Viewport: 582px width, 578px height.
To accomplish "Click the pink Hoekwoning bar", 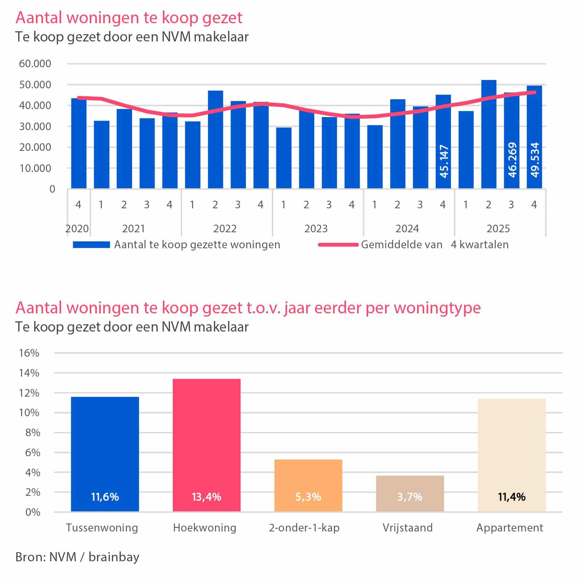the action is click(x=206, y=445).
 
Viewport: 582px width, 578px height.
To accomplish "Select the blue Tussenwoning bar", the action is click(x=105, y=454).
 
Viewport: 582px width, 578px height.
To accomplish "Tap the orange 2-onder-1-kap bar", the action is click(x=308, y=486).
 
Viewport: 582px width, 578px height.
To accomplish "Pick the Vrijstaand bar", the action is click(x=410, y=494).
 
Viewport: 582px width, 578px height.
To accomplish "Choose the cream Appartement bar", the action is click(x=511, y=455).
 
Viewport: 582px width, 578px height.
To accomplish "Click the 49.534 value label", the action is click(x=535, y=160).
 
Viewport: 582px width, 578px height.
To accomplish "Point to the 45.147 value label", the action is click(x=444, y=161).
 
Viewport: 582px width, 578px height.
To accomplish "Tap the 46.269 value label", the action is click(x=512, y=160).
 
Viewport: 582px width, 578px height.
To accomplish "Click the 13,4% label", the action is click(x=206, y=497).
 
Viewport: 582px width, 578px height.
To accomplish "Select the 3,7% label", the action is click(x=410, y=497).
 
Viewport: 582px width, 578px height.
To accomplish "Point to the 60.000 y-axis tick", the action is click(x=35, y=64).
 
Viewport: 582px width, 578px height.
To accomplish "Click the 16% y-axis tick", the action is click(x=29, y=353).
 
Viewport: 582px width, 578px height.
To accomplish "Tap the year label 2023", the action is click(x=316, y=229).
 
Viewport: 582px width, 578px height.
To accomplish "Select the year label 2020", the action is click(x=77, y=229).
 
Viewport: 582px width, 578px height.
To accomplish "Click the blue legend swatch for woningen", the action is click(x=91, y=245).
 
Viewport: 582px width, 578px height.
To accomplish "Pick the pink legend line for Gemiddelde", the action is click(x=338, y=245).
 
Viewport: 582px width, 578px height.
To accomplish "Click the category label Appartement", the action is click(x=510, y=528).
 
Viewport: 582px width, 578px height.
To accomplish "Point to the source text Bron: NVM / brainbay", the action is click(x=77, y=557).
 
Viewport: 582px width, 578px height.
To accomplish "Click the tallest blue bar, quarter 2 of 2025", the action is click(x=489, y=134).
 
